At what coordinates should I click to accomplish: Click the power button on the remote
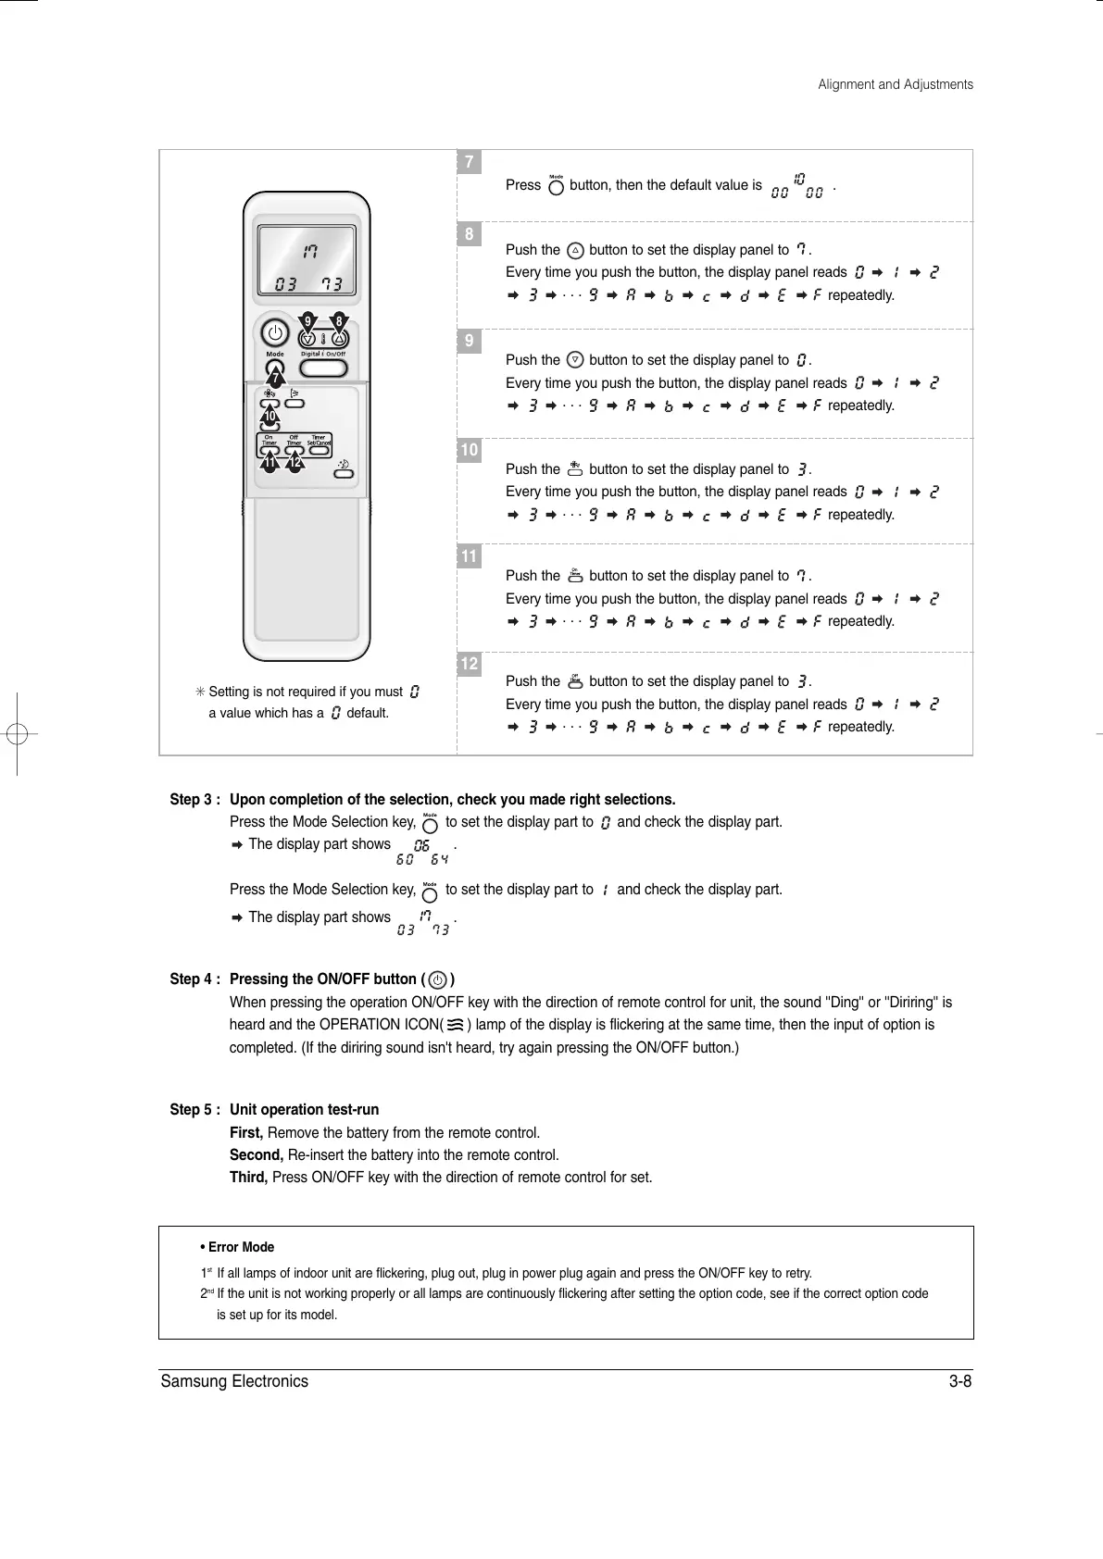coord(275,333)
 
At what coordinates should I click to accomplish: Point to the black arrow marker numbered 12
coord(295,460)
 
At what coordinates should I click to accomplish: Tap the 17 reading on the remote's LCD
coord(310,250)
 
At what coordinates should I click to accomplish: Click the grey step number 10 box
coord(470,451)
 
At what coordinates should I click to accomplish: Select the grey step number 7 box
coord(470,163)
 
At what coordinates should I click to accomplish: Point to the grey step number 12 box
coord(470,664)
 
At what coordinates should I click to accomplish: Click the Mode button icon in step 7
coord(556,186)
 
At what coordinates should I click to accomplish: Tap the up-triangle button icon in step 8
coord(575,250)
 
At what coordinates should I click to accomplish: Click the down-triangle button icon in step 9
coord(575,360)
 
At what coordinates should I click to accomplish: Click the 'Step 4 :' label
coord(195,979)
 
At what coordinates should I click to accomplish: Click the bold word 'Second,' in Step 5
coord(257,1155)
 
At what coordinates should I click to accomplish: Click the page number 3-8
coord(959,1382)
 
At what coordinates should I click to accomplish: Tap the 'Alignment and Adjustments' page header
coord(896,84)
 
